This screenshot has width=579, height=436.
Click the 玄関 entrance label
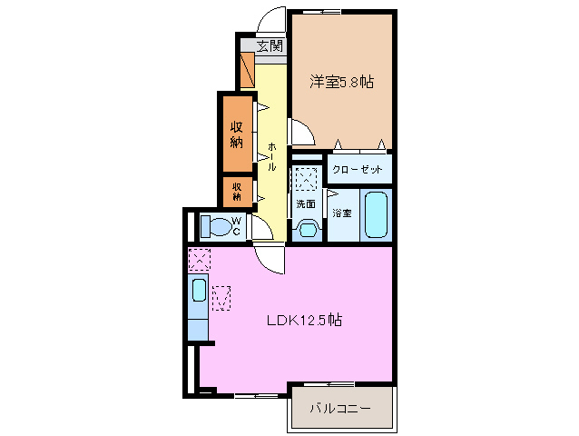269,45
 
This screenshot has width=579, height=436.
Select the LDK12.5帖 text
303,320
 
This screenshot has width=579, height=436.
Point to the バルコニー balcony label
340,409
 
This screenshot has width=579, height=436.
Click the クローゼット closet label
358,170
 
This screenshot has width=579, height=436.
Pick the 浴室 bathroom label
341,213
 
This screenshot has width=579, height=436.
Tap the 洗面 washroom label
305,203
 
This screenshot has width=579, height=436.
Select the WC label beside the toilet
234,224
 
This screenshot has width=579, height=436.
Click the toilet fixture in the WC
214,225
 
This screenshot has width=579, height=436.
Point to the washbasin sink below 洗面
306,228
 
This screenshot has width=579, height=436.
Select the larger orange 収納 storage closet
236,133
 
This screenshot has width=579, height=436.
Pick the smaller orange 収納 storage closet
236,191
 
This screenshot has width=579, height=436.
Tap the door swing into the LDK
270,258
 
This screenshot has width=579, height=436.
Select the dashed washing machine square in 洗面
307,177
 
